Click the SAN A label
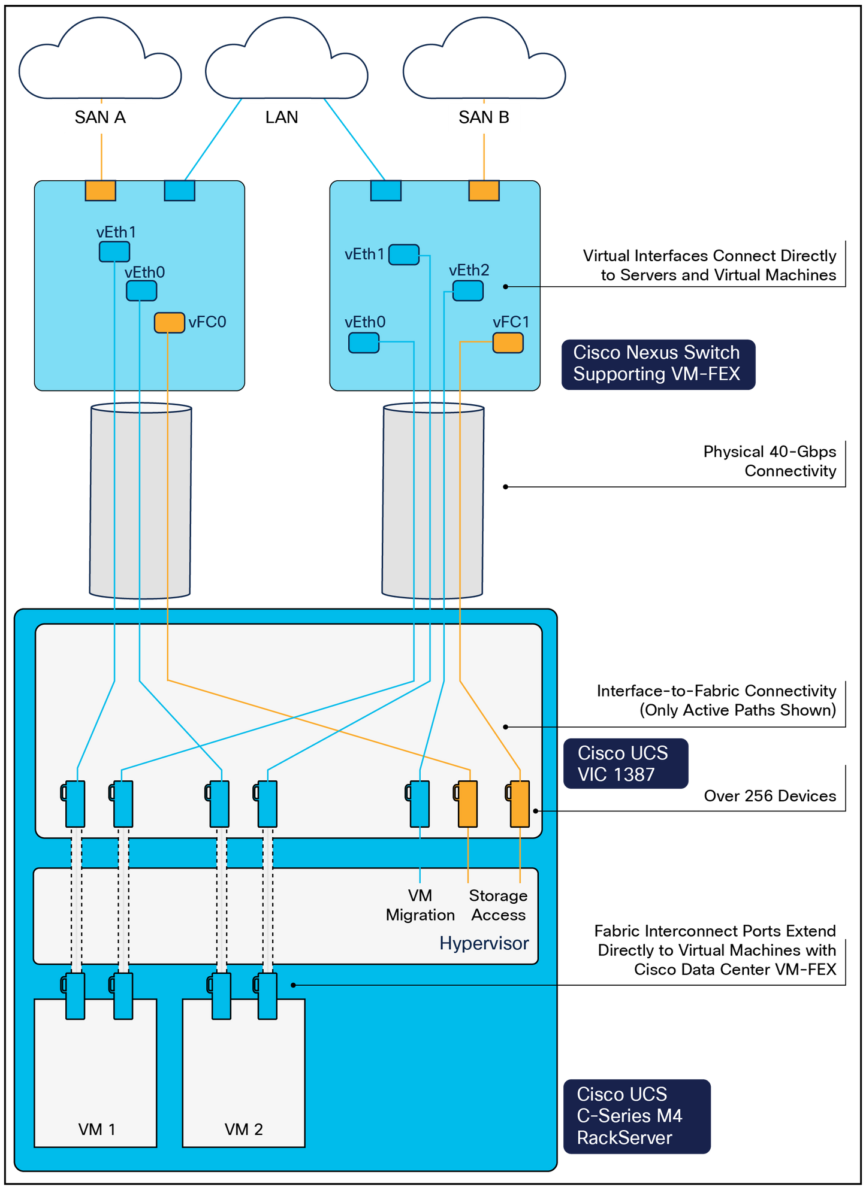[x=100, y=117]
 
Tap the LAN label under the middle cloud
[x=282, y=117]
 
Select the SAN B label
[x=484, y=117]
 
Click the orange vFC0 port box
[x=169, y=322]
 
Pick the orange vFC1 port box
[x=508, y=343]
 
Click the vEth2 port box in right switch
[x=467, y=290]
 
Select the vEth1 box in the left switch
[x=114, y=252]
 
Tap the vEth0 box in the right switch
[x=363, y=343]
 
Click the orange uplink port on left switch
[x=100, y=190]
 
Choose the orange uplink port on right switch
[x=484, y=190]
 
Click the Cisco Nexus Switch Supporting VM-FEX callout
[x=657, y=364]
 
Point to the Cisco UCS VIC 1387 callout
[x=624, y=764]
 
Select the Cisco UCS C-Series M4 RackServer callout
[x=635, y=1116]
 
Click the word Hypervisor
[x=484, y=943]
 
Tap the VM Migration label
[x=420, y=905]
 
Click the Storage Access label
[x=498, y=905]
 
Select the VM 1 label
[x=96, y=1130]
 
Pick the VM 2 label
[x=243, y=1130]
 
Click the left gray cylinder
[x=141, y=500]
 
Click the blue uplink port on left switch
[x=179, y=190]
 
